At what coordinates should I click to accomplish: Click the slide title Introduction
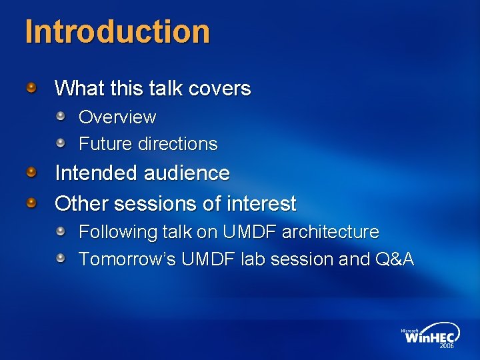point(117,32)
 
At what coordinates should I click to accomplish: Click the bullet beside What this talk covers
point(32,87)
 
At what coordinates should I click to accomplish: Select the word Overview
point(117,117)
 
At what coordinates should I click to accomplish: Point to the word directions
point(177,144)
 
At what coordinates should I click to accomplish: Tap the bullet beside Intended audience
point(32,173)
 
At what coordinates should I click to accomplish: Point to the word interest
point(263,203)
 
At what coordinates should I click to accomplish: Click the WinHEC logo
point(427,337)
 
